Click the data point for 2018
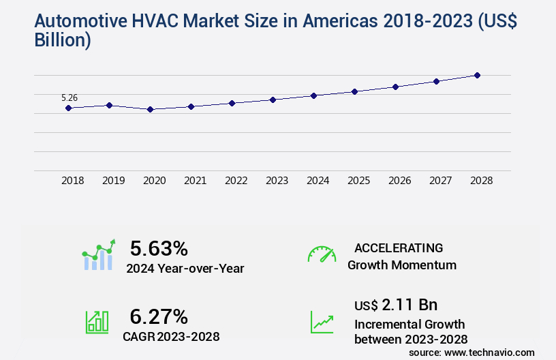tap(68, 108)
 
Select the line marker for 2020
tap(150, 109)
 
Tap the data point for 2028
tap(477, 75)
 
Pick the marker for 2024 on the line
tap(313, 95)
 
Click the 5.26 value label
tap(69, 97)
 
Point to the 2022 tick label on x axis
tap(236, 181)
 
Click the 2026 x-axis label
tap(399, 181)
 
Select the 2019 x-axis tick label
tap(113, 181)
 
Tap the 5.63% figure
tap(159, 248)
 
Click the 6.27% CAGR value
tap(159, 316)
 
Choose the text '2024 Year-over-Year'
tap(185, 269)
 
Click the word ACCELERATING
tap(399, 247)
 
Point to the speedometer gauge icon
tap(322, 254)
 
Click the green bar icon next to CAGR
tap(97, 322)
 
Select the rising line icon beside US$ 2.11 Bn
tap(322, 322)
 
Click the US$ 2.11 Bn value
tap(396, 304)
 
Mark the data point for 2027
tap(436, 81)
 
